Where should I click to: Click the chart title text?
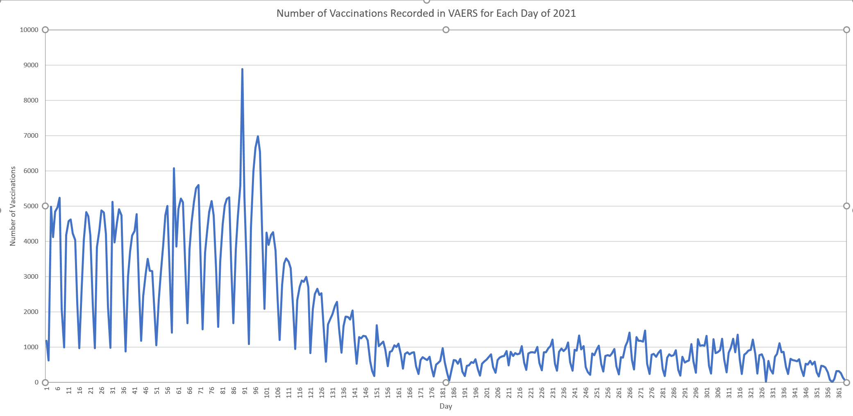(426, 14)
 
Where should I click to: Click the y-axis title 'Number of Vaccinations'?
(13, 206)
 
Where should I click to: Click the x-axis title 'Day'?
(446, 406)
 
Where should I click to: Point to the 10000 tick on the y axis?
(29, 30)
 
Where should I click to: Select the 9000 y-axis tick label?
(31, 65)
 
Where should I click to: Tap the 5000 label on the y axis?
(31, 206)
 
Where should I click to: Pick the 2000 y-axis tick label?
(31, 312)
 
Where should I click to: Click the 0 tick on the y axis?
(36, 382)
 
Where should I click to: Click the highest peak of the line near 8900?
(242, 69)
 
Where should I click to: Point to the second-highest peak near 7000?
(258, 136)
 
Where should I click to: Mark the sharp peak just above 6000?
(174, 168)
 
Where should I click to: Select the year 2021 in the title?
(565, 14)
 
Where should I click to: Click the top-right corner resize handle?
(846, 30)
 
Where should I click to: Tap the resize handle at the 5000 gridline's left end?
(45, 206)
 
